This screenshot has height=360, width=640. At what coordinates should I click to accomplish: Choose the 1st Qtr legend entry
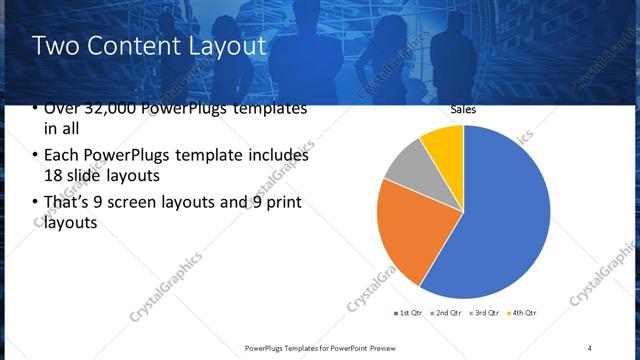pos(407,313)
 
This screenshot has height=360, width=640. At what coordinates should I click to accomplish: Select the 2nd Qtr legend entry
pos(446,313)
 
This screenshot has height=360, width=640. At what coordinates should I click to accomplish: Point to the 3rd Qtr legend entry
pos(485,313)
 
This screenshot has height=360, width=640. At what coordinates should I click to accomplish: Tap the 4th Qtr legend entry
pos(523,313)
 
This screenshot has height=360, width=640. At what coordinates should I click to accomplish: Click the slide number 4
pos(590,347)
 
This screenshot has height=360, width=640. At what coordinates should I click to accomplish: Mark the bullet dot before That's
pos(35,204)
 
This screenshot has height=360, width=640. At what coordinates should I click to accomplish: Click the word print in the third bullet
pos(282,203)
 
